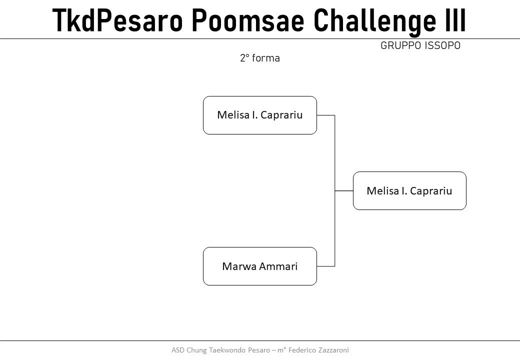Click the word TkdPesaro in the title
click(117, 20)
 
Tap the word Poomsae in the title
click(247, 20)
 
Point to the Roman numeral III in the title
click(455, 20)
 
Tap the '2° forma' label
click(260, 58)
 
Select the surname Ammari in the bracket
click(278, 266)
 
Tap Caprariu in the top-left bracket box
click(281, 115)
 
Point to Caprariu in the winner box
click(431, 191)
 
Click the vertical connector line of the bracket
click(334, 190)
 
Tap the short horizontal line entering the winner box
click(344, 190)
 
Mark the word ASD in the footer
click(178, 350)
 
